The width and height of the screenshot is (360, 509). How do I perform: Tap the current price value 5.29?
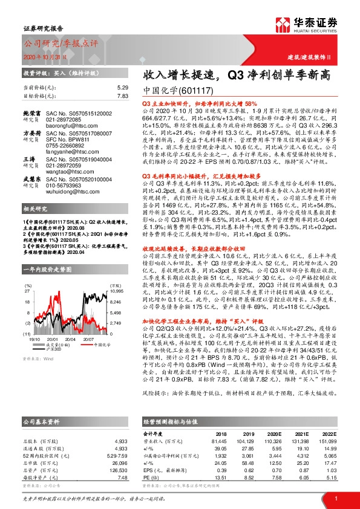123,88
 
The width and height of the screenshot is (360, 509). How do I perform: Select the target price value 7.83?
123,96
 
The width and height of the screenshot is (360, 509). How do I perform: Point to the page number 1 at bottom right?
335,498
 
